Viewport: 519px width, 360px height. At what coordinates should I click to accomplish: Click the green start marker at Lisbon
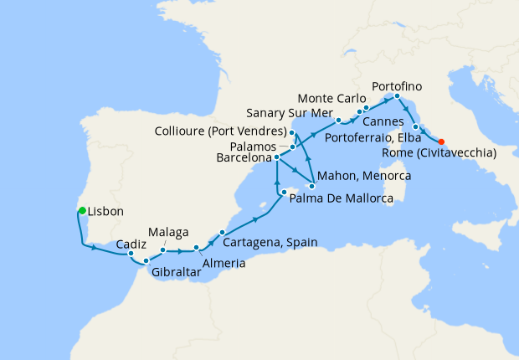[x=82, y=210]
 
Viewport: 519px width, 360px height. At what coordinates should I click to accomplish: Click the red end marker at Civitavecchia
[x=441, y=141]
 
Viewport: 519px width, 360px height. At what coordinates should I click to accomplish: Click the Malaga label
[x=167, y=231]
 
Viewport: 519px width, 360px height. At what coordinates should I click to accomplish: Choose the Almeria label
[x=223, y=263]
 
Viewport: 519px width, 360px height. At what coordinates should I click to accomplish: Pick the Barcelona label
[x=244, y=157]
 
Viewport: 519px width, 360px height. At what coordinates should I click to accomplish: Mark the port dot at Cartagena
[x=222, y=232]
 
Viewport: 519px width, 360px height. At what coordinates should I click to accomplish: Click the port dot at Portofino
[x=397, y=96]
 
